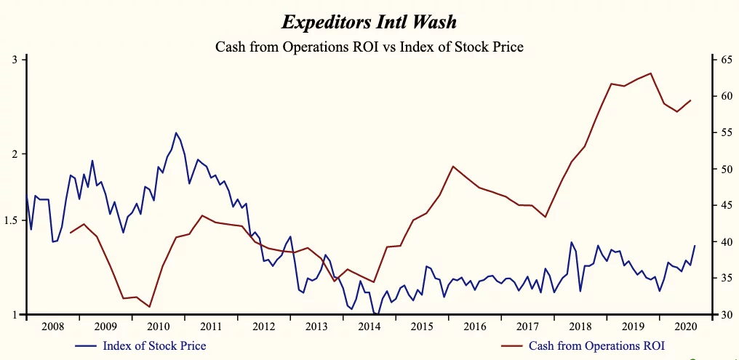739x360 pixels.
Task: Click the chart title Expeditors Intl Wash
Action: [369, 22]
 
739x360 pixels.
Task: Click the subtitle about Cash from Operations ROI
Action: [369, 47]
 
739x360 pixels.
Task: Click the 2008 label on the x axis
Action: [52, 326]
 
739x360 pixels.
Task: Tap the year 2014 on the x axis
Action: [369, 326]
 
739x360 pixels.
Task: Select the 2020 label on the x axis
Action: [685, 326]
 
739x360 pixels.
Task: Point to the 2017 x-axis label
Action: [527, 326]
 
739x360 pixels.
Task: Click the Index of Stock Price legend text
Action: [154, 345]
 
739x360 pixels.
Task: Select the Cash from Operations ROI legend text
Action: [596, 345]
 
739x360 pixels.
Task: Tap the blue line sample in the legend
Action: [86, 345]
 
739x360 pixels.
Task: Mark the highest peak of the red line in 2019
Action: [650, 73]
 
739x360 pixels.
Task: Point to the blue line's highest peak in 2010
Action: [175, 132]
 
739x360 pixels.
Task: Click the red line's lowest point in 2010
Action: [149, 307]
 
